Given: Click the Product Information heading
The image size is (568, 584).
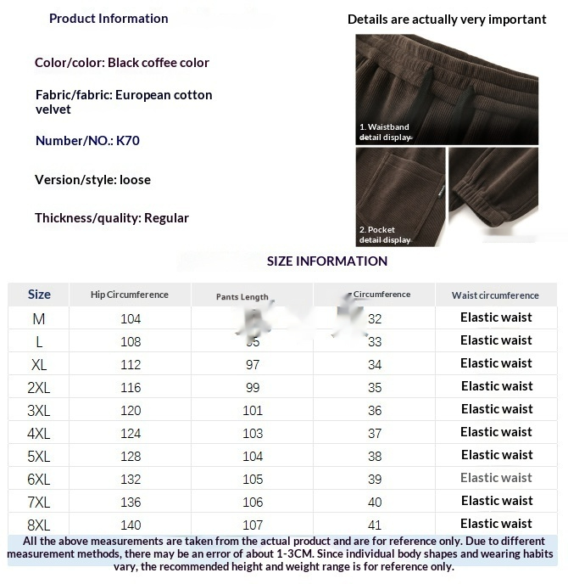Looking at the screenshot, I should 109,19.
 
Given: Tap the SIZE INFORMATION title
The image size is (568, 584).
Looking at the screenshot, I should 327,261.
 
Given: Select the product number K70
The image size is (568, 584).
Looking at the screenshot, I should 128,141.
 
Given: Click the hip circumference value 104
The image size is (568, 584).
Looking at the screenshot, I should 131,319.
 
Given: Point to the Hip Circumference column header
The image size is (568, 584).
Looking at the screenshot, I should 130,295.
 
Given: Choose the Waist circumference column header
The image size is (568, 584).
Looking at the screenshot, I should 495,295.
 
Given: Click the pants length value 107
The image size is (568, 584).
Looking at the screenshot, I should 253,525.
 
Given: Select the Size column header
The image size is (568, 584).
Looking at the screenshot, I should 39,295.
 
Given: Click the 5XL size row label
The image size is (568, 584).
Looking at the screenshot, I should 39,457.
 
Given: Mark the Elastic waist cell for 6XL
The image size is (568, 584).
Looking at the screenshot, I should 496,478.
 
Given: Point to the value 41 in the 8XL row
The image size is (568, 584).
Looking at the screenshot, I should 375,525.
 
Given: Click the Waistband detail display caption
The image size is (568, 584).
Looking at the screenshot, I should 384,132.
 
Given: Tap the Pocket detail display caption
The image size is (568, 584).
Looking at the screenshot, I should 384,235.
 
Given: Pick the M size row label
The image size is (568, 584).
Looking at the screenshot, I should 39,319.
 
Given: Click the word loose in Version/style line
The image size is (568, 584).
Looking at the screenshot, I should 136,180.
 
